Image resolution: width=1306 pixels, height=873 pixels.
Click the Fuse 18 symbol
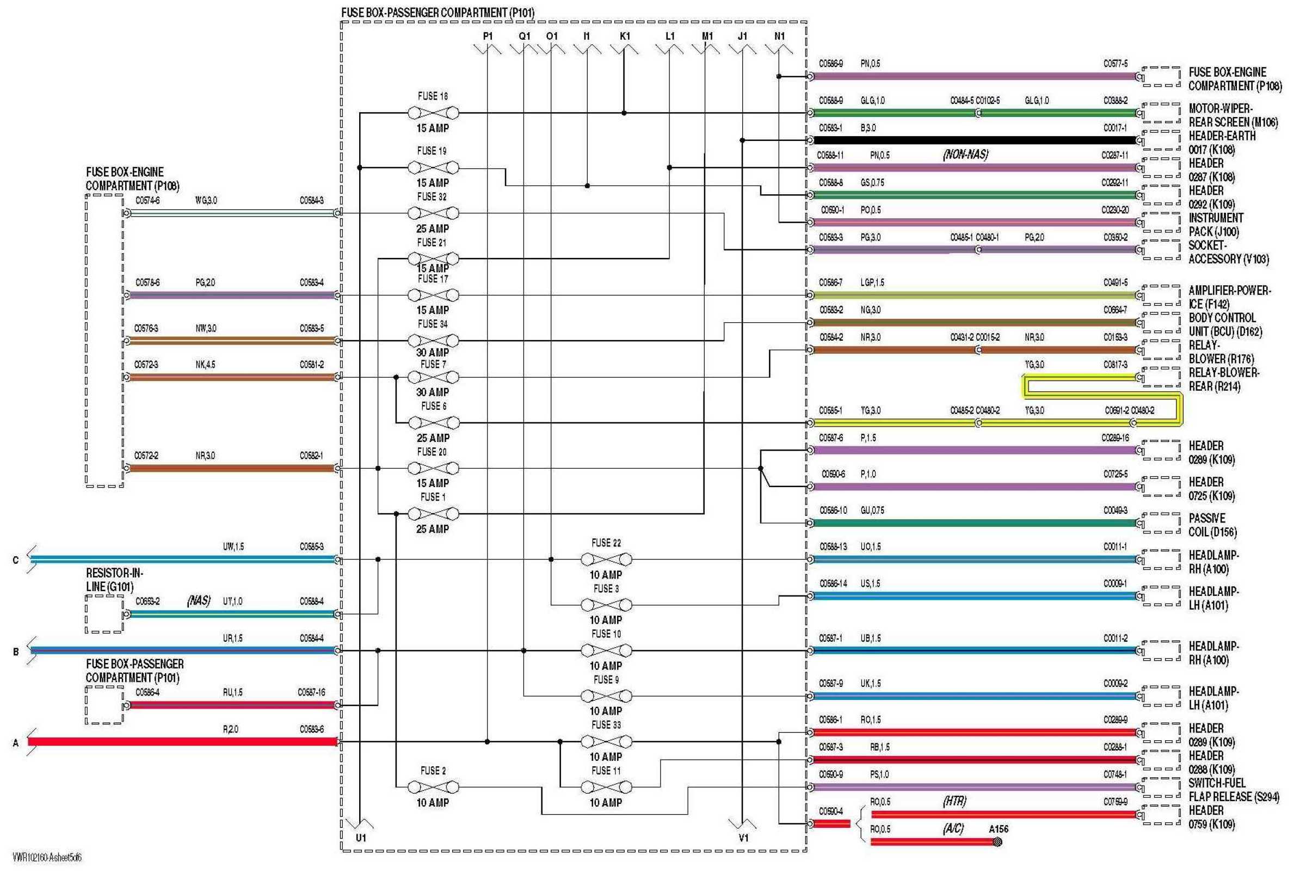433,113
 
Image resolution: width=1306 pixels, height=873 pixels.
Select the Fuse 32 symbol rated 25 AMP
433,213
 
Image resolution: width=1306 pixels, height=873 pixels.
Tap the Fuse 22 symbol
606,559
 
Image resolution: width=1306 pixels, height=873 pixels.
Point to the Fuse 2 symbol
433,787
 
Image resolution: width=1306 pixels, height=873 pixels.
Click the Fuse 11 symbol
606,787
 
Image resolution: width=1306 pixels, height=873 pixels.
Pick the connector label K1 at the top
625,36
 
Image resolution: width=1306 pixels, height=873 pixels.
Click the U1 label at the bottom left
361,838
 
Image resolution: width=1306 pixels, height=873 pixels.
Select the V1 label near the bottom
743,838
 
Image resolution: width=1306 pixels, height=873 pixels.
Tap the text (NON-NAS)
965,155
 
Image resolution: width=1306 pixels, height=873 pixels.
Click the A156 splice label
998,829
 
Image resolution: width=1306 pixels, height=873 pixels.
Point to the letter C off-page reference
16,560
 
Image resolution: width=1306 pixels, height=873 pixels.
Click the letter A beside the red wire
16,743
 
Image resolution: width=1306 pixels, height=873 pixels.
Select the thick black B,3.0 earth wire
974,140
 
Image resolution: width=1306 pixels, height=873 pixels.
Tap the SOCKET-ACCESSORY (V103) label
1228,252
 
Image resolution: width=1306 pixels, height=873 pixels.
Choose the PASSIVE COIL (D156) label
1212,525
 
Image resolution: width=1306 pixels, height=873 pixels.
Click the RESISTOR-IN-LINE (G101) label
114,580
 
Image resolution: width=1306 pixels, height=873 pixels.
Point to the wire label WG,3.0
206,200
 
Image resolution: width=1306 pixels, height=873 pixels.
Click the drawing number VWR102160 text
47,858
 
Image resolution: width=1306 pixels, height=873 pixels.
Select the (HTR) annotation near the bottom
954,801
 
